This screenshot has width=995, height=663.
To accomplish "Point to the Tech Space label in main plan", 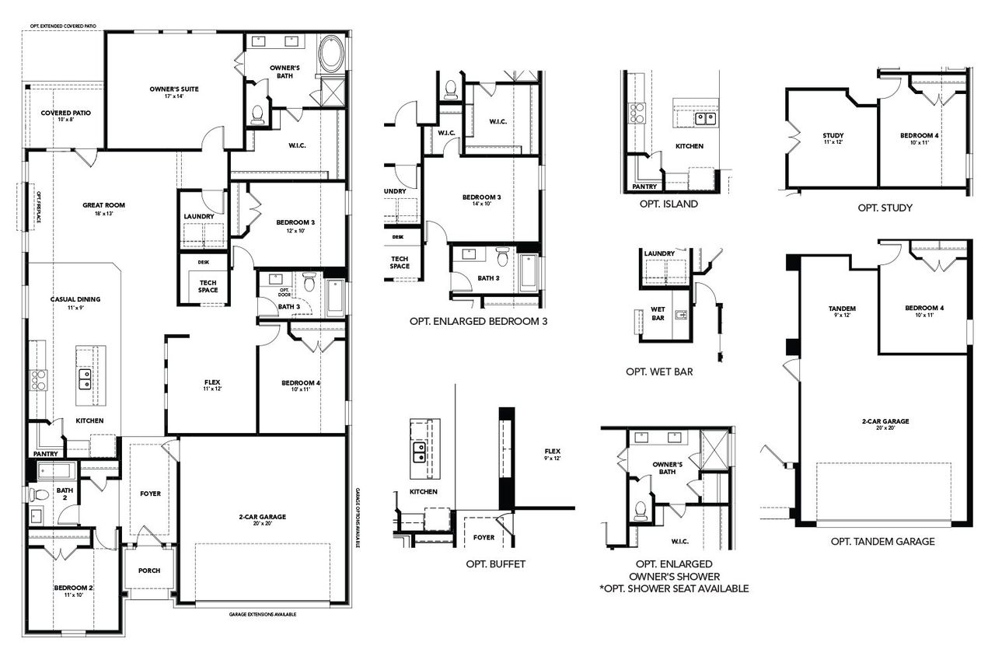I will click(208, 286).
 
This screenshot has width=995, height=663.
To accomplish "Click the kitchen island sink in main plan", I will click(86, 379).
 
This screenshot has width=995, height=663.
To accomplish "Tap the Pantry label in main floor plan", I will click(46, 453).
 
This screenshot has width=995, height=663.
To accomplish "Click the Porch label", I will click(149, 571).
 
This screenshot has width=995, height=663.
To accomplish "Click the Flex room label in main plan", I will click(211, 385).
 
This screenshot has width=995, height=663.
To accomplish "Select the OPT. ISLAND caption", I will click(669, 204).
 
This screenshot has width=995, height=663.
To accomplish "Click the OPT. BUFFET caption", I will click(495, 564).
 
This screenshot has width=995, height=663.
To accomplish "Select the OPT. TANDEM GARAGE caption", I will click(882, 542).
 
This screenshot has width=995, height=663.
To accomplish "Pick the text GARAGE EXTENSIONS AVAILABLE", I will click(263, 614).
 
